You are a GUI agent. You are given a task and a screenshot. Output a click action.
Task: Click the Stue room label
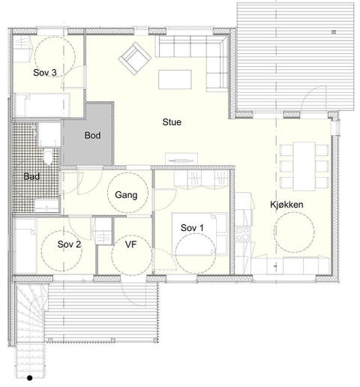[x=172, y=122]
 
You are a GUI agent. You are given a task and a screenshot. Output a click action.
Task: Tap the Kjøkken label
[x=286, y=205]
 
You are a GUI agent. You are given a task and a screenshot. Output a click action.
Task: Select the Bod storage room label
[x=92, y=135]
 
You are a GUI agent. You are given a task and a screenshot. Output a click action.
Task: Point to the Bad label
[x=31, y=176]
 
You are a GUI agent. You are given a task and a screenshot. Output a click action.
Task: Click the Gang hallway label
[x=126, y=195]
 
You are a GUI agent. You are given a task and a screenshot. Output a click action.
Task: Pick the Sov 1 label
[x=192, y=228]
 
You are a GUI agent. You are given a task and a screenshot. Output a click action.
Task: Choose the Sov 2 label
[x=69, y=244]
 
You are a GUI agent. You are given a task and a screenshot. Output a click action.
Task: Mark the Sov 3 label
[x=45, y=73]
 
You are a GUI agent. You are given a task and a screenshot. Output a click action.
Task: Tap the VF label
[x=130, y=244]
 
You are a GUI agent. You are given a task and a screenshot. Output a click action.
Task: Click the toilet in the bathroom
[x=47, y=157]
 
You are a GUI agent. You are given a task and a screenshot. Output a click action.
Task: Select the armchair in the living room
[x=135, y=58]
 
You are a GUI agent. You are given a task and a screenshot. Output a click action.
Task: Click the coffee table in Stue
[x=175, y=79]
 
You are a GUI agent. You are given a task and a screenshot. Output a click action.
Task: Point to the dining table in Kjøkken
[x=304, y=166]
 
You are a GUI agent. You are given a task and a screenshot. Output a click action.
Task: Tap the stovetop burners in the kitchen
[x=242, y=233]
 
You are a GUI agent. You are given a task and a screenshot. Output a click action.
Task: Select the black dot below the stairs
[x=30, y=378]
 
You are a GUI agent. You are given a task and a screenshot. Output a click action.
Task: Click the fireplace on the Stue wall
[x=181, y=159]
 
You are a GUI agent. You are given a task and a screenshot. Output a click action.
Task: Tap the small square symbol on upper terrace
[x=334, y=31]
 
